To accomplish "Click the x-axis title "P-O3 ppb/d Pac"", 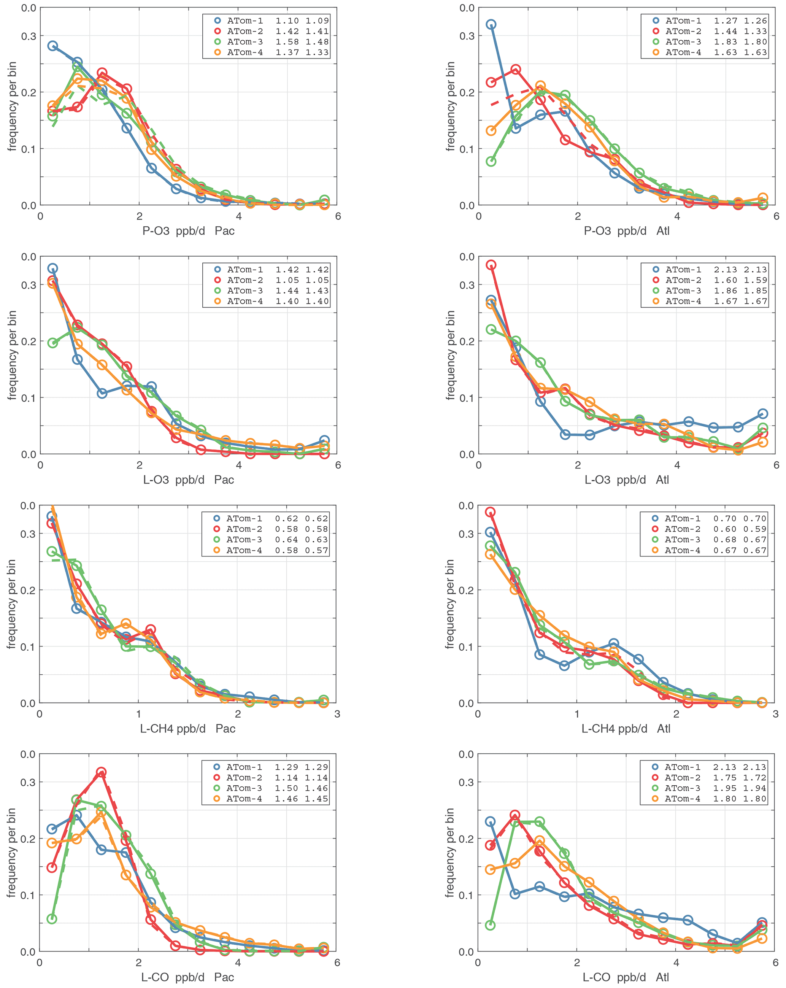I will tap(188, 231).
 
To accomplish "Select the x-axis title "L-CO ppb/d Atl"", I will tap(626, 977).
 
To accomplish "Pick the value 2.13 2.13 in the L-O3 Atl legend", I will tap(740, 270).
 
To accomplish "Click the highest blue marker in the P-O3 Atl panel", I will tap(491, 25).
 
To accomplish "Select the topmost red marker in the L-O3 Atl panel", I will tap(491, 265).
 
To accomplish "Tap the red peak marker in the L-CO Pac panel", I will tap(101, 772).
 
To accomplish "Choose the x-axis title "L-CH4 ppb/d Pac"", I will tap(187, 729).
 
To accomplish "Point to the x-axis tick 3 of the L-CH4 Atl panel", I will tap(775, 714).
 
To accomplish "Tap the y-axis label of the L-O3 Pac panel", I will tap(13, 355).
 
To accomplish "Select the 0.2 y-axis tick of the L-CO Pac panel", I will tap(29, 839).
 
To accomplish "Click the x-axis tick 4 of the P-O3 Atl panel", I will tap(677, 216).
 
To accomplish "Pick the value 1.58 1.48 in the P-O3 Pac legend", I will tap(302, 42).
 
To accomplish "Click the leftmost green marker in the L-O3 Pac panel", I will tap(53, 343).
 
